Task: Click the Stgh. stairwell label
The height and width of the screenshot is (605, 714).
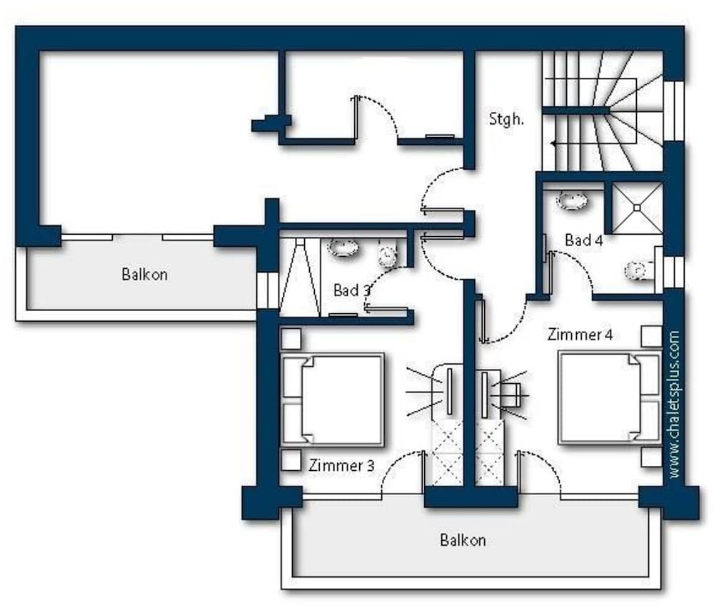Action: [x=506, y=118]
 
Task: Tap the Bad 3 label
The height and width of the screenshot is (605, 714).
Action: [x=352, y=290]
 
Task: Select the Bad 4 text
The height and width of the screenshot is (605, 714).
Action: [x=584, y=240]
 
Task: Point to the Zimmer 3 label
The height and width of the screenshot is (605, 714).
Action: [x=341, y=465]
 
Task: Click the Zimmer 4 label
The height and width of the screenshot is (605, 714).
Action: [x=580, y=335]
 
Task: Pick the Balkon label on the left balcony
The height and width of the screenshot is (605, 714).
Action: [x=144, y=274]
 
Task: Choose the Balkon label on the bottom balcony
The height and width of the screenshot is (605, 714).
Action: [x=463, y=540]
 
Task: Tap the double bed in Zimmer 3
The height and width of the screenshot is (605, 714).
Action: [x=333, y=400]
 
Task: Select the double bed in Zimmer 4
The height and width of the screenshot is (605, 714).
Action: [x=610, y=397]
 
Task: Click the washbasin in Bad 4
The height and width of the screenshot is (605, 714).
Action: [x=572, y=200]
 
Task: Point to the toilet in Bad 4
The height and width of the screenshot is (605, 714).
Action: [x=639, y=270]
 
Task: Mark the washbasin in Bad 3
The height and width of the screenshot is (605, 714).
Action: [x=343, y=248]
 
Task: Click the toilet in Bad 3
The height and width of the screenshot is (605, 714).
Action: [x=387, y=255]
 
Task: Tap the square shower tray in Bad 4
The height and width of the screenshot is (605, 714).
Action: [x=637, y=208]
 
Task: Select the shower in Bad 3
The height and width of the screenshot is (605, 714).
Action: [x=300, y=277]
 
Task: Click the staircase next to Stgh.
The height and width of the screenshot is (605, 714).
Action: [x=603, y=111]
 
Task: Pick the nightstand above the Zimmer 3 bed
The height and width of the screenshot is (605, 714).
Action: [x=291, y=339]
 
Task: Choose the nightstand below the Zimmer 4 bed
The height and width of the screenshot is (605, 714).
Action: [x=651, y=457]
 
